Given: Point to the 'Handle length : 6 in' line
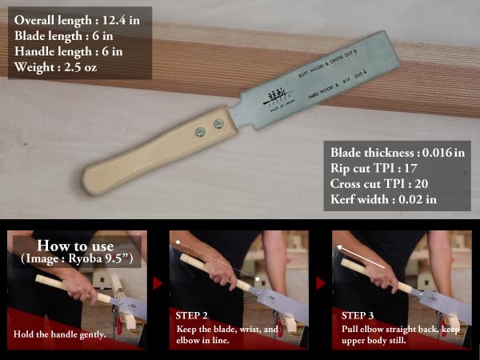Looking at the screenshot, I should (73, 51).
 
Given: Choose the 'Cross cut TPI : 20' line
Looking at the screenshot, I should (378, 183).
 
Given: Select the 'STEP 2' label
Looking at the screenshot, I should (194, 314).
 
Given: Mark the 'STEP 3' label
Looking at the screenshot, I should (357, 314).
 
